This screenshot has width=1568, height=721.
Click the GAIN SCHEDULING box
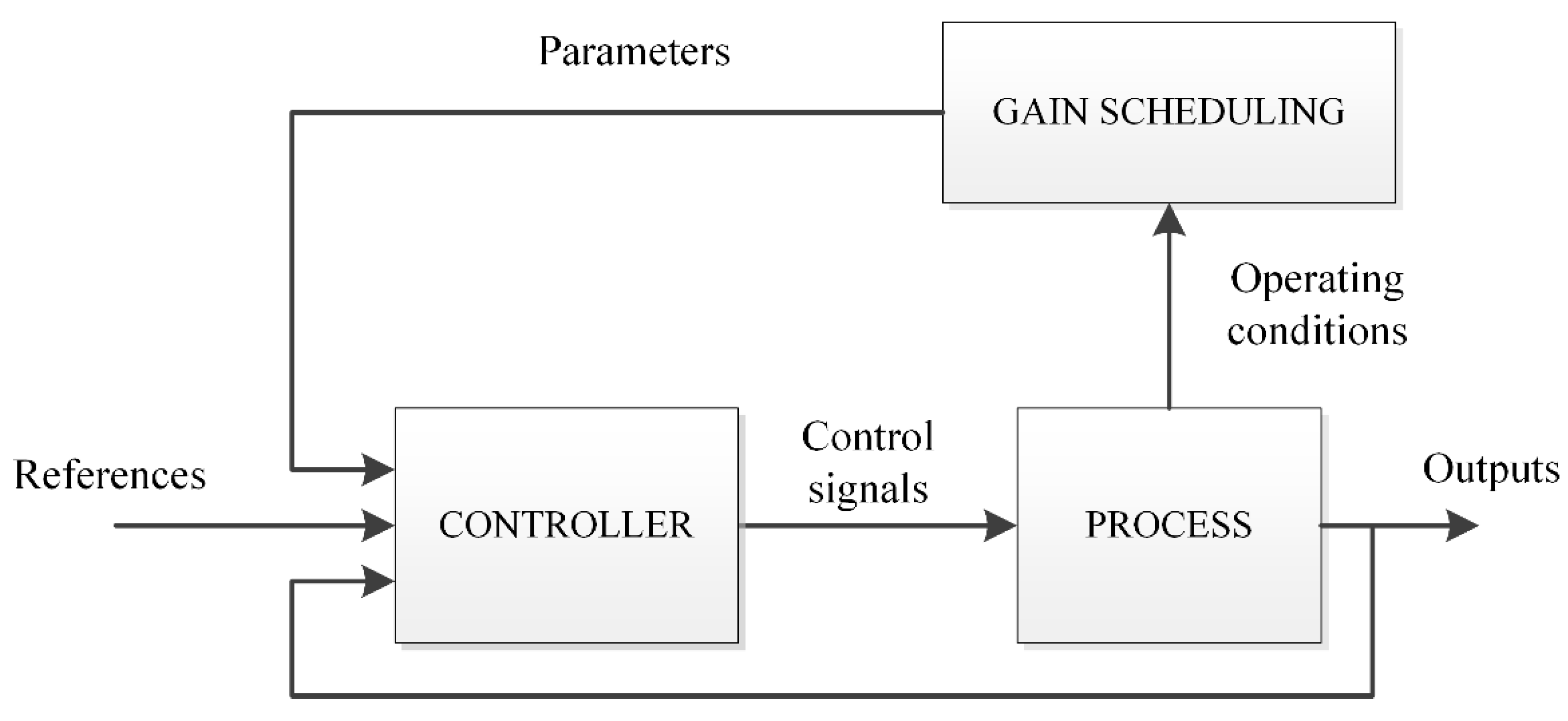1169,113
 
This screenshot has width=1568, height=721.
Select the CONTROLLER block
567,525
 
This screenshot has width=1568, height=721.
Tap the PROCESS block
1169,525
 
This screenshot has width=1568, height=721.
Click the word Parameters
634,51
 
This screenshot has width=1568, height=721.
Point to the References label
110,475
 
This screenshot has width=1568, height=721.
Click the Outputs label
1491,470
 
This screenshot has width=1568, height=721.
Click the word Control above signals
868,436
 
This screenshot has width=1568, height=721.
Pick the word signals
868,489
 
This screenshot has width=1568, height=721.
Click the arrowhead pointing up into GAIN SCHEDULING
1169,220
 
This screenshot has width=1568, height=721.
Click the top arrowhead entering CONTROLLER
378,469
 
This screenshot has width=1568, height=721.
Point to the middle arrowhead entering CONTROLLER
378,525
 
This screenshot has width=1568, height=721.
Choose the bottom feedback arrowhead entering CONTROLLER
378,581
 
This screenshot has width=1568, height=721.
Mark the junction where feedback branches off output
1372,525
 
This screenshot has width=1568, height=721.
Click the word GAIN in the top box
1040,112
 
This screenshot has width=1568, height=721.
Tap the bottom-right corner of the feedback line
1372,695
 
